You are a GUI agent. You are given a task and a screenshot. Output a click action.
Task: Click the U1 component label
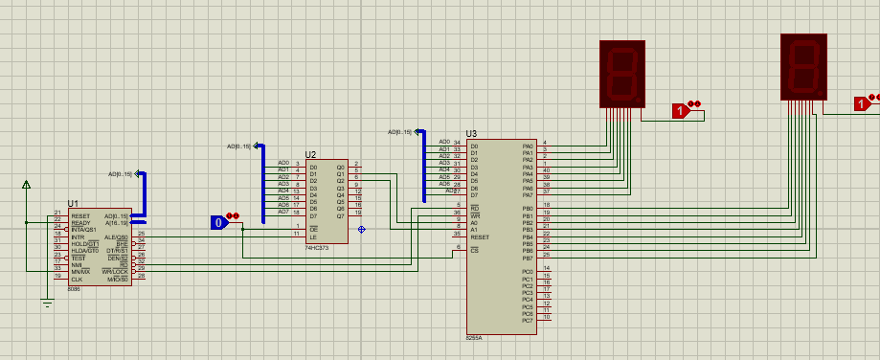point(74,205)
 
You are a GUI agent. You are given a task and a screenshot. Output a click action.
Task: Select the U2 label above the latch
point(310,154)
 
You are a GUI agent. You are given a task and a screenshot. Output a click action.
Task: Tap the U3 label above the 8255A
point(471,134)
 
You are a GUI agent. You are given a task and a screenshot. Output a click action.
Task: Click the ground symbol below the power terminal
point(47,304)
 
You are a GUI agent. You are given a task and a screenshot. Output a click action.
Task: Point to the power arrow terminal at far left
point(26,184)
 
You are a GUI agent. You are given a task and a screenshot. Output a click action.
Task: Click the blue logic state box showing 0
point(219,223)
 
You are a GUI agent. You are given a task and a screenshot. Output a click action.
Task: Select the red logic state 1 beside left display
point(681,111)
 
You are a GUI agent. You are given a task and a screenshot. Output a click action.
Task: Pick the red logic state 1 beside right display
point(861,103)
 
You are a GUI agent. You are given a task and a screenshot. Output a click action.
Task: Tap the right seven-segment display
point(802,66)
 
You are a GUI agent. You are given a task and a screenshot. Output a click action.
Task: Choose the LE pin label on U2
point(312,234)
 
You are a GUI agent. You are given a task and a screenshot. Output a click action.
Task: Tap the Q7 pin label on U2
point(340,216)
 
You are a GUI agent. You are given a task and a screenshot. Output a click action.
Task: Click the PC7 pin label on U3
point(528,321)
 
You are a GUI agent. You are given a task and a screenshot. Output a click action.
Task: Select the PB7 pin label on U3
point(528,259)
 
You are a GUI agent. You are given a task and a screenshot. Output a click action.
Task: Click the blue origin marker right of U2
point(361,229)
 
